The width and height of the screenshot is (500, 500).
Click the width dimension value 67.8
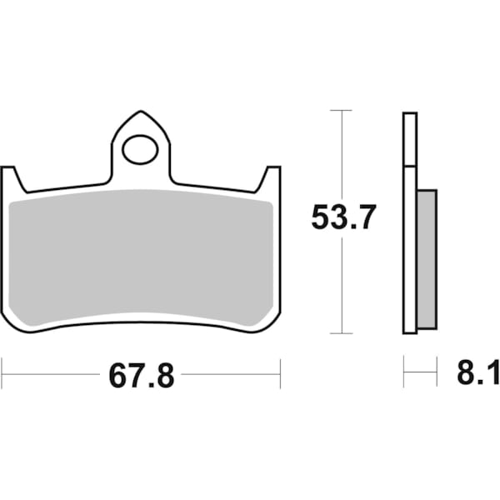pos(141,377)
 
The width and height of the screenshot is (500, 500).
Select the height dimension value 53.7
pos(344,218)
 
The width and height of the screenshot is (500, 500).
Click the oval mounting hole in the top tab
pos(140,150)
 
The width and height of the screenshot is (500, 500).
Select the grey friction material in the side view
pos(426,258)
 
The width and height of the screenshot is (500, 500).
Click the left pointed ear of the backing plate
pos(10,175)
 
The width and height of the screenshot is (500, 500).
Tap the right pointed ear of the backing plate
pos(272,175)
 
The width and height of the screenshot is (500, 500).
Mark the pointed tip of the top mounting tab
pos(141,112)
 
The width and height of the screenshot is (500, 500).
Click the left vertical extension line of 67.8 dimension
pos(2,373)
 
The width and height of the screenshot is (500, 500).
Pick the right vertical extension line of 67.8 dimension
pos(280,373)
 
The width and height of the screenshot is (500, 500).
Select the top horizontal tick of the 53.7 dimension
pos(342,110)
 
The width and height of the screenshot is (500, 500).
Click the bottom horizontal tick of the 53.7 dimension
pos(342,333)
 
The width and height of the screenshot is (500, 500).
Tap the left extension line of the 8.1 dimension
pos(404,372)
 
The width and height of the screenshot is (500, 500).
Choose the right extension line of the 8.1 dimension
pos(437,372)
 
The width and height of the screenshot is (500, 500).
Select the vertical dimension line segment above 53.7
pos(342,154)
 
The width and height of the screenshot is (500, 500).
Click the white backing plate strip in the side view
pos(408,250)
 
